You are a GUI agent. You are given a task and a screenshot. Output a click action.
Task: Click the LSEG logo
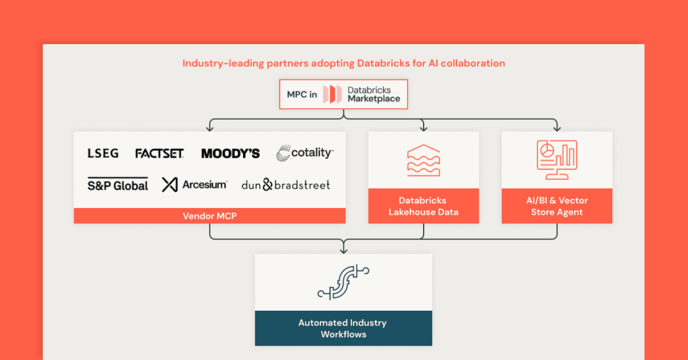(x=103, y=153)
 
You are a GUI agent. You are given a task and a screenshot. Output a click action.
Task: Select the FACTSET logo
(x=159, y=153)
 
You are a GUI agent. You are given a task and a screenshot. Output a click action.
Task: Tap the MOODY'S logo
(x=230, y=154)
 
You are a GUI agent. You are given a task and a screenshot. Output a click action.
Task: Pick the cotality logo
(x=304, y=153)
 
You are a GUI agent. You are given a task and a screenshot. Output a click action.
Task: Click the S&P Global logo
(x=118, y=185)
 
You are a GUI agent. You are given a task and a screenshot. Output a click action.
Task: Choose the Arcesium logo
(x=194, y=185)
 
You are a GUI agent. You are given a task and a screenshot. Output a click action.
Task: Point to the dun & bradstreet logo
(x=286, y=185)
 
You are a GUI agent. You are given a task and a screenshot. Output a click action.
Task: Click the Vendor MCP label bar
(x=209, y=216)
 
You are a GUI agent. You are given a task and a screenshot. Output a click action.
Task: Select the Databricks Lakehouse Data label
(x=423, y=206)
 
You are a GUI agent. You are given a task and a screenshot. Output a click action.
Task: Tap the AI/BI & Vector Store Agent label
(x=557, y=206)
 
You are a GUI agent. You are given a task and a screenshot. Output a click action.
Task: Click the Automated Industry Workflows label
(x=343, y=328)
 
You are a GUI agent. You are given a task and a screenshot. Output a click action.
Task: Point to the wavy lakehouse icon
(x=423, y=160)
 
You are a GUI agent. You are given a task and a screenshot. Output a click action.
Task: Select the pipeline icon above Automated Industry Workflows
(x=343, y=282)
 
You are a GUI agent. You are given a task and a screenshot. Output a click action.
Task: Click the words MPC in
(x=302, y=95)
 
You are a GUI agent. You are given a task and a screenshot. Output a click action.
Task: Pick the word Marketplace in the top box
(x=374, y=99)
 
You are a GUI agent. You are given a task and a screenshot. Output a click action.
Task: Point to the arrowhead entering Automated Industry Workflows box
(x=343, y=250)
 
